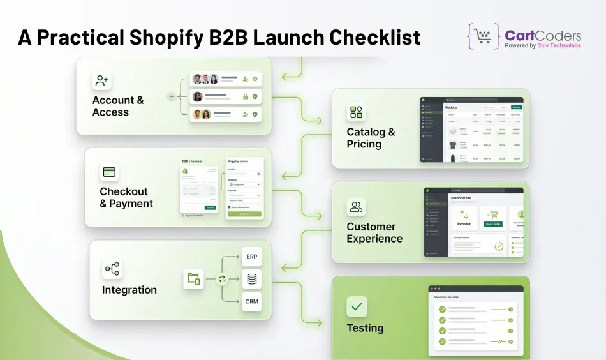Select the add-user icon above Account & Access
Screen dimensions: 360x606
point(101,80)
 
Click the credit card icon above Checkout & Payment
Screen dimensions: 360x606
point(109,172)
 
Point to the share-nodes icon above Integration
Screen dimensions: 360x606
point(112,269)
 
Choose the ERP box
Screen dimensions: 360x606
point(251,257)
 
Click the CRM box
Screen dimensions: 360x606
point(251,301)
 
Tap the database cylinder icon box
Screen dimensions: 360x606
point(251,279)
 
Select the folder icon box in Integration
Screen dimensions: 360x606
point(194,279)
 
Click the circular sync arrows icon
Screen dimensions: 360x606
point(222,279)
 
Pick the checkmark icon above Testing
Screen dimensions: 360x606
point(357,306)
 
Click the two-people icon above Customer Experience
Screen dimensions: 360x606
point(356,207)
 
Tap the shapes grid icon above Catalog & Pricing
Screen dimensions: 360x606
point(356,113)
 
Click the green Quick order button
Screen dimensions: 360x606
point(492,224)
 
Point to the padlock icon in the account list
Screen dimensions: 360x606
point(245,96)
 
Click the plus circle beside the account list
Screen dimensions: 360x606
point(171,97)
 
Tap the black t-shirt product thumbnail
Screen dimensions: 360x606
point(453,145)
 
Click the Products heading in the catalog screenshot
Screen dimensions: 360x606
point(452,107)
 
